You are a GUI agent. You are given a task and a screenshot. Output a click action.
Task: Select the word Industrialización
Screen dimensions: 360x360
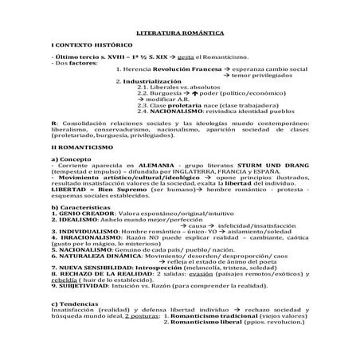click(x=157, y=81)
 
